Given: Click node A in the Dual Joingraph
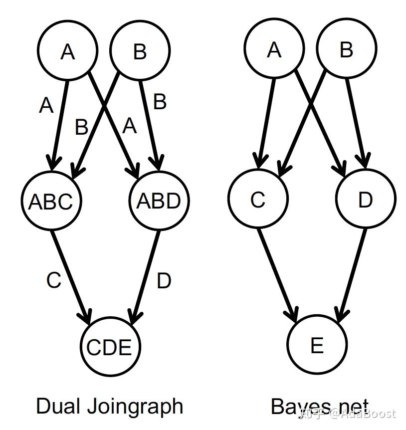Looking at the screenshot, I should (67, 51).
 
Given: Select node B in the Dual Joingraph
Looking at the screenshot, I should (139, 51).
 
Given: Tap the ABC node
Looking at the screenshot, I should (51, 201).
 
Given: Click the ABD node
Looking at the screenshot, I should (159, 201).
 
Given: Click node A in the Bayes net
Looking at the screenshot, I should (274, 49).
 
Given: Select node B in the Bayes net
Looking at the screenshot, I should (346, 49).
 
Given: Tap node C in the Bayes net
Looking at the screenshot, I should (258, 200).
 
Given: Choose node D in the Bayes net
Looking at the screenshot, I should (366, 200).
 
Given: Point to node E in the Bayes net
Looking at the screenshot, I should (317, 345).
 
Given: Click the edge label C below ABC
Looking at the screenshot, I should (53, 281).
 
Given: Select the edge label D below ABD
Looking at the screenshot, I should (164, 281).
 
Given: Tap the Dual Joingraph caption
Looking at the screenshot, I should (109, 406).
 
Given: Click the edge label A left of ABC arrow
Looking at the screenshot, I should (46, 106).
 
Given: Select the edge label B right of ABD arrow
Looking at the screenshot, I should (160, 101).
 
